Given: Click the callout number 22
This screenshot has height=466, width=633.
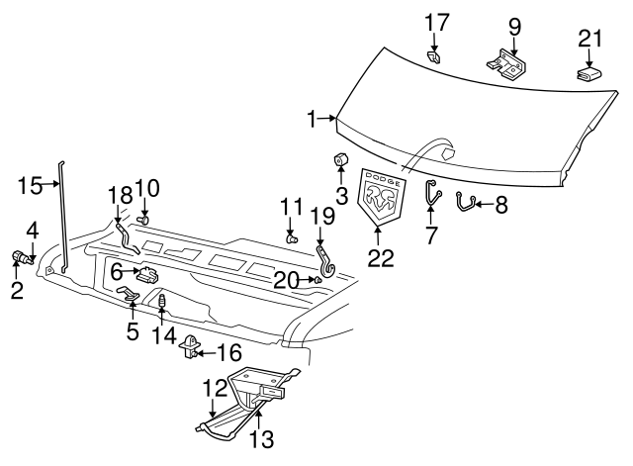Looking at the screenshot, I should pos(380,258).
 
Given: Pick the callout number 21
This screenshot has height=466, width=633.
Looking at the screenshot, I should pos(589,39).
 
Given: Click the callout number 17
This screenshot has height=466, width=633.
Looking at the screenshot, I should pos(436,22).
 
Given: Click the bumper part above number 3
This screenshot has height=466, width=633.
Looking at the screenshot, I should pos(341,159).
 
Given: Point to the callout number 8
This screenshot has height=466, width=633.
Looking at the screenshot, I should pos(500,206).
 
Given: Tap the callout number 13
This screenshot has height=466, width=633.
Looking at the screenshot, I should pos(261,439).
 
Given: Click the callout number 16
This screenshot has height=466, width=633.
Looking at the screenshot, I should pos(227,351).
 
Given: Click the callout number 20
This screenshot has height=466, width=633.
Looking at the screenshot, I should pos(285,280).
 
